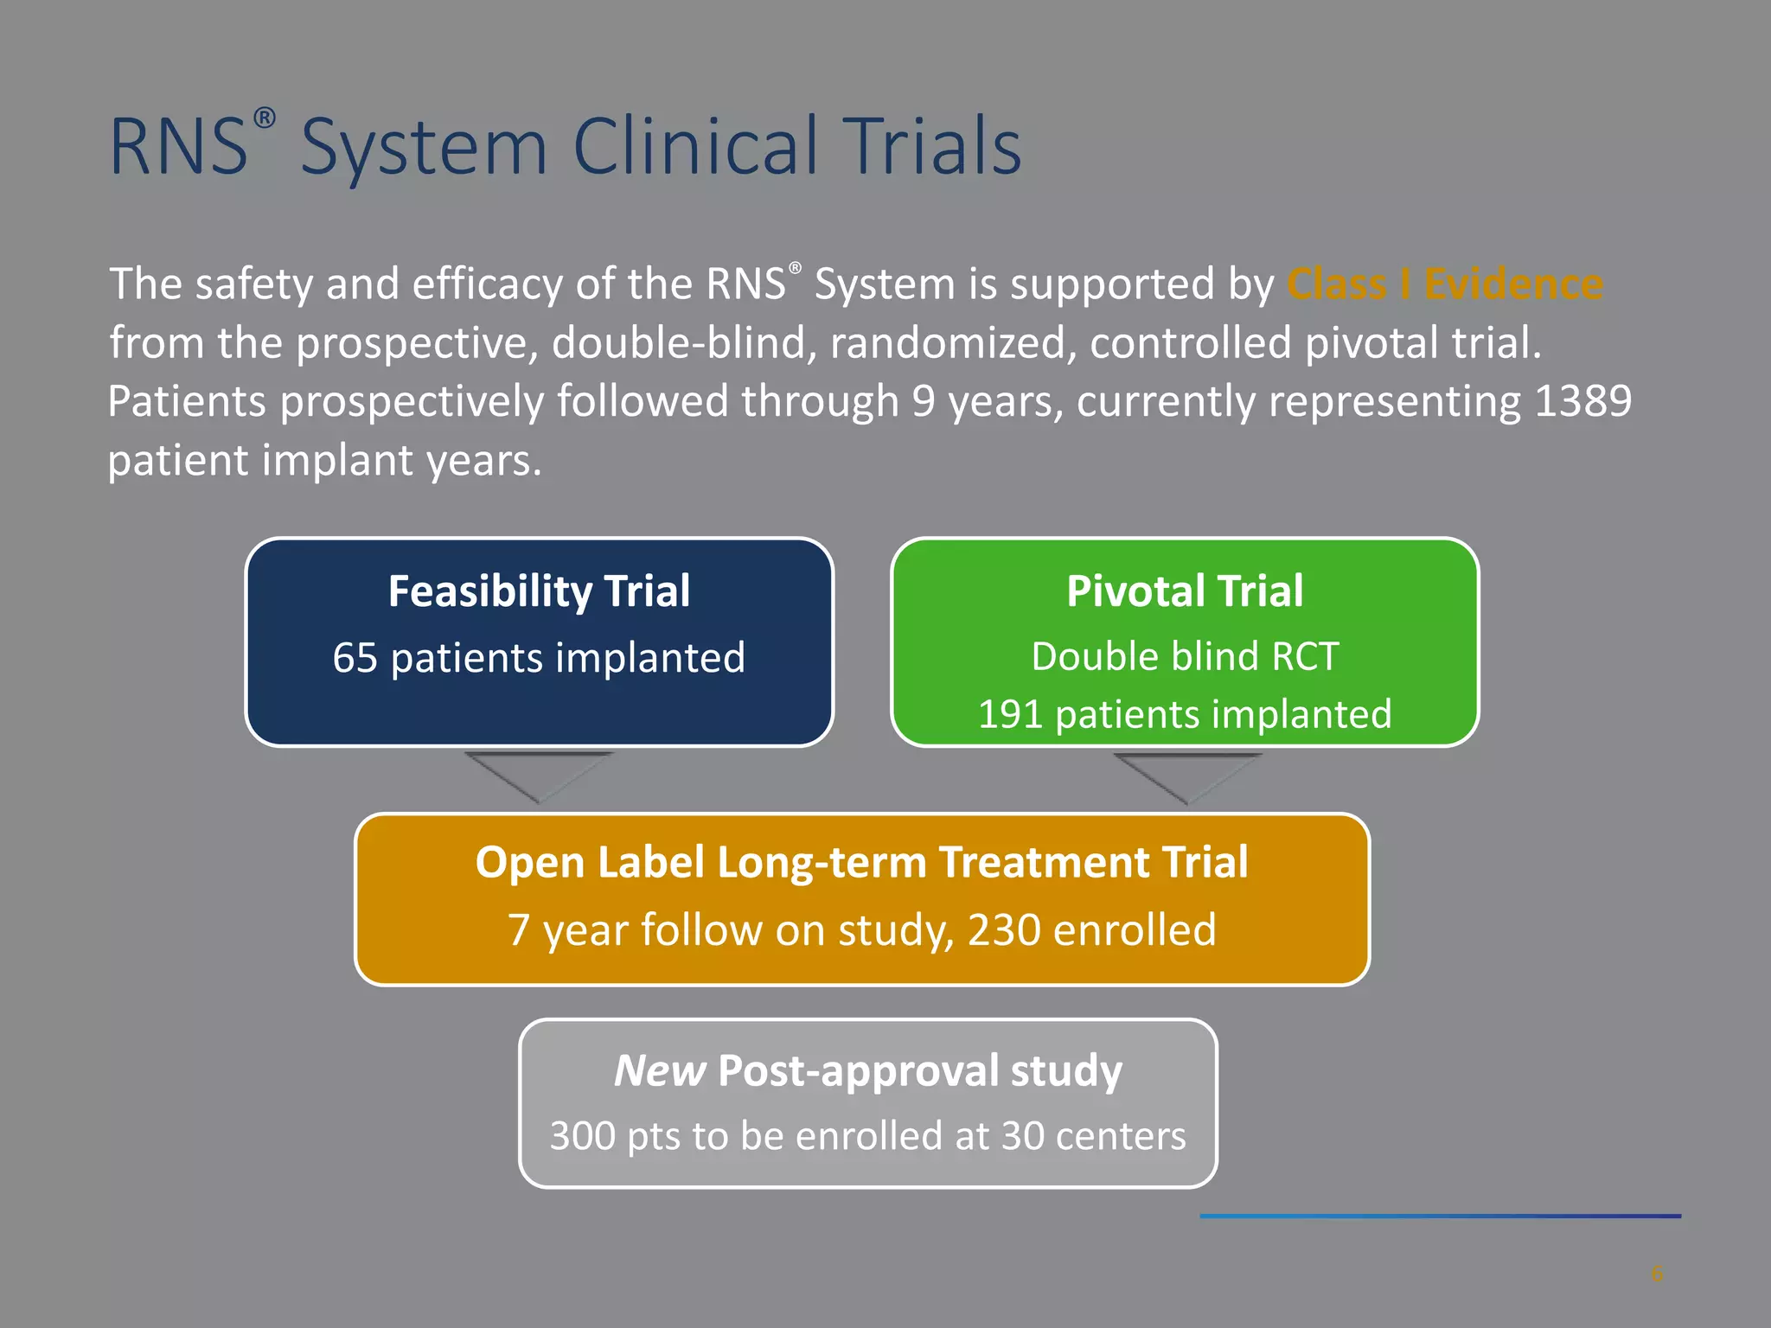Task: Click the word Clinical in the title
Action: point(694,147)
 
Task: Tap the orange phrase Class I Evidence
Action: point(1444,284)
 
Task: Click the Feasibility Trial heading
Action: point(539,591)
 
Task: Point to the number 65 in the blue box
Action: point(355,658)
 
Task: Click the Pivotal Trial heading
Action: point(1184,591)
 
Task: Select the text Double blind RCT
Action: point(1184,656)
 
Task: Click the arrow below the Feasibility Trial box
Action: point(539,774)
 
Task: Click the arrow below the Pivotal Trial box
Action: point(1187,775)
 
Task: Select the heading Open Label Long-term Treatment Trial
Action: point(861,863)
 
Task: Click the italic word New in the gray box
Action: point(659,1071)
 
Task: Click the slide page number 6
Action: point(1656,1274)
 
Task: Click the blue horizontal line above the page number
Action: point(1440,1216)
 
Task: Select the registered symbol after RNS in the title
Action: point(265,118)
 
